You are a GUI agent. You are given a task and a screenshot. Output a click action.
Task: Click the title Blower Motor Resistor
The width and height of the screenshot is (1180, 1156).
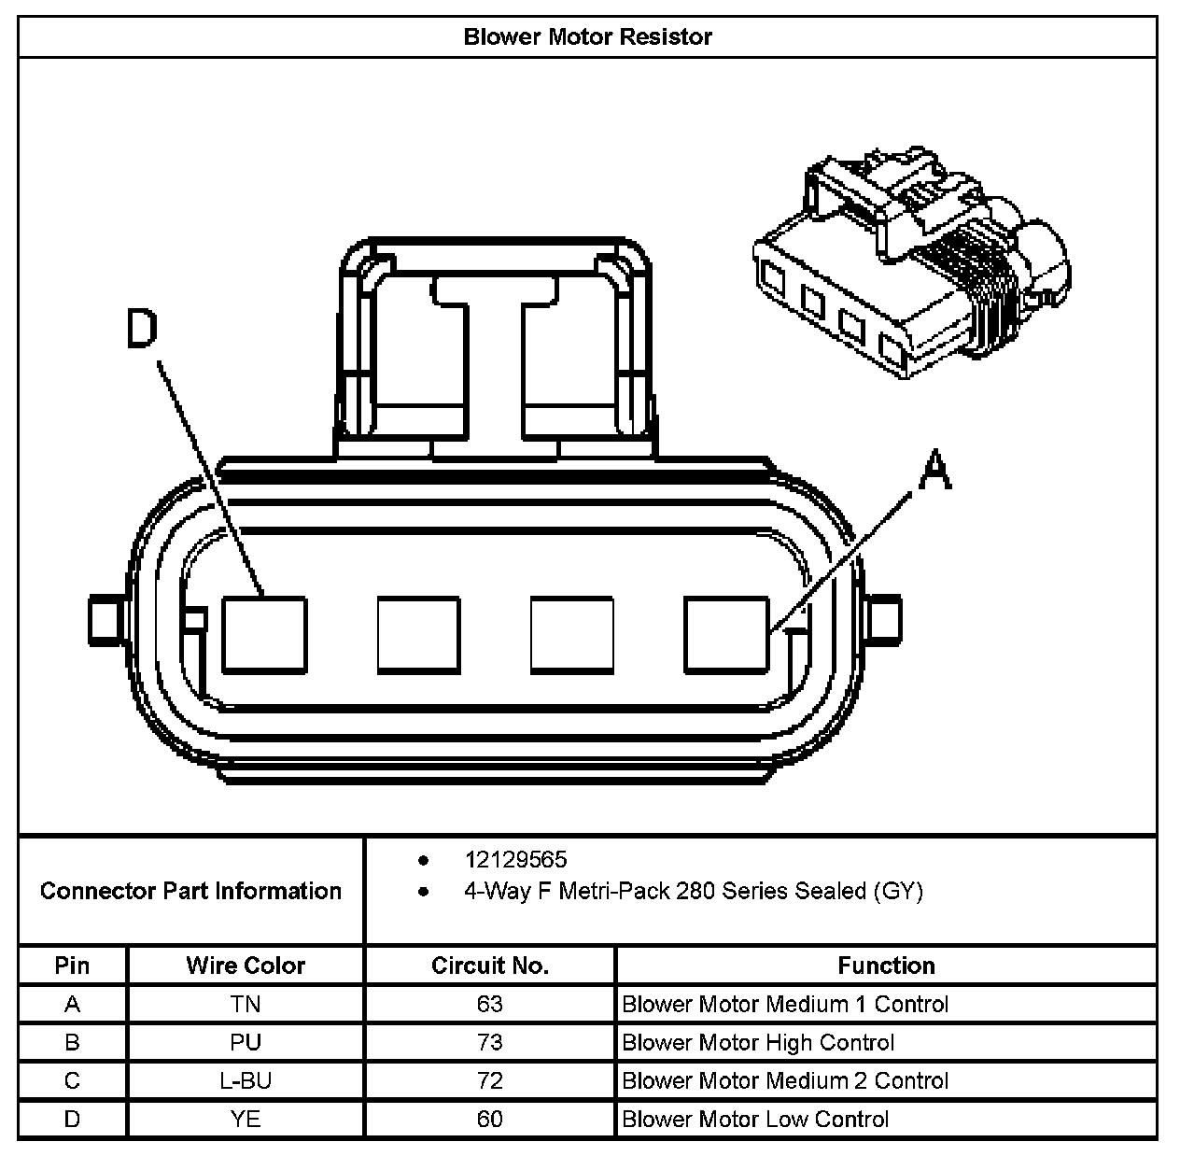[x=587, y=37]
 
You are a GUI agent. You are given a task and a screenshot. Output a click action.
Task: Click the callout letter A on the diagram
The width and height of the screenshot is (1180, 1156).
[x=934, y=469]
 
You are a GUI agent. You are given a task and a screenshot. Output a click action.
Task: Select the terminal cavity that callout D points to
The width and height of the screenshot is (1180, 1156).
[x=264, y=634]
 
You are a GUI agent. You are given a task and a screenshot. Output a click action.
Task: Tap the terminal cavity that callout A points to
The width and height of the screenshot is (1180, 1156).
[x=726, y=634]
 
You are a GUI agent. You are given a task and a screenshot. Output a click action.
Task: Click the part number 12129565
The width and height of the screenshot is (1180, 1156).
[x=515, y=860]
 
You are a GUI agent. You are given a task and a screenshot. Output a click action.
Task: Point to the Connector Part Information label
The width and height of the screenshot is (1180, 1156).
[x=190, y=891]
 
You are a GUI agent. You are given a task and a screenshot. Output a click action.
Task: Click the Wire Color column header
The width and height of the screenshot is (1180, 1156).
[x=246, y=966]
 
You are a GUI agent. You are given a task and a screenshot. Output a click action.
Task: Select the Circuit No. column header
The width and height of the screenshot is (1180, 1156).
[x=489, y=966]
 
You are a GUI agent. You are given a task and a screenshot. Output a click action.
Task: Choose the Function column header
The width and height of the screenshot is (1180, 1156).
[x=886, y=966]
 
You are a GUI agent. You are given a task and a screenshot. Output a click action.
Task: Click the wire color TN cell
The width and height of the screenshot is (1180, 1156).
[x=246, y=1004]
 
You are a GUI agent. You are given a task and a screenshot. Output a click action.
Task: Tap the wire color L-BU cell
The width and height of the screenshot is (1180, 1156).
[x=246, y=1080]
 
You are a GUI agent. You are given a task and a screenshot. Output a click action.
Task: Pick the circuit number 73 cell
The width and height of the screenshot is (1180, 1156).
[x=489, y=1042]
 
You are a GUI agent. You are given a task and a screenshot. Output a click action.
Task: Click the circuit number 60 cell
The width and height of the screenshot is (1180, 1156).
[x=489, y=1119]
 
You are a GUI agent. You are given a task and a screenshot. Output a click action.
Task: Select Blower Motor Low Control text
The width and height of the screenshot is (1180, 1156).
[x=755, y=1119]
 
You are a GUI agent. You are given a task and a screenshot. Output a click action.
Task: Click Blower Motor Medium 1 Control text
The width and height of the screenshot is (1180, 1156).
[x=785, y=1004]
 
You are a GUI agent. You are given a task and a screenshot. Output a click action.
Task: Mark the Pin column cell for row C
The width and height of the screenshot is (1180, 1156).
[x=72, y=1080]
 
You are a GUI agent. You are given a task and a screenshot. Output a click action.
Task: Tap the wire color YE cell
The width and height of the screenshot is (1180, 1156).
[x=246, y=1119]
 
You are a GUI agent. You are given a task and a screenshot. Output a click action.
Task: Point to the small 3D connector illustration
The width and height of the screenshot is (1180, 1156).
[x=910, y=261]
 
